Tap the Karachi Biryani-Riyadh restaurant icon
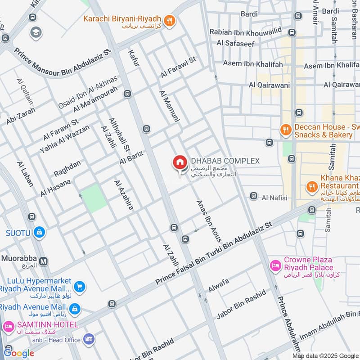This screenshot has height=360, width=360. (x=170, y=20)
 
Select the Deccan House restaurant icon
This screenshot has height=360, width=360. (x=285, y=130)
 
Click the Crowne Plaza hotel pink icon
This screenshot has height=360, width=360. (x=274, y=266)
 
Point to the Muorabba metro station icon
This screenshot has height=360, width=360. (x=44, y=261)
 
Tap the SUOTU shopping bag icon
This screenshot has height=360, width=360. (x=40, y=232)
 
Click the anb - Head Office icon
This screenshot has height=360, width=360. (x=89, y=339)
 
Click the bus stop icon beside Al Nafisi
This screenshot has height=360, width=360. (x=253, y=197)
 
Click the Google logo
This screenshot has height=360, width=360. (x=18, y=353)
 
